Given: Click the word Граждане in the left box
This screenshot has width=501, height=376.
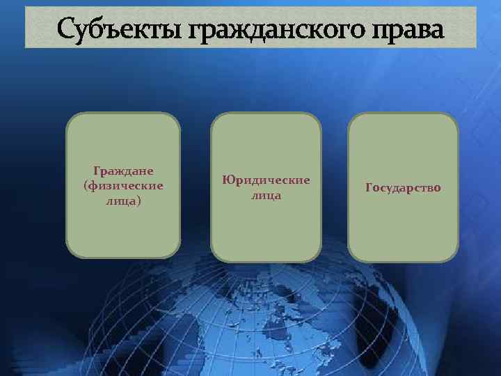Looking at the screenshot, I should pos(123,171).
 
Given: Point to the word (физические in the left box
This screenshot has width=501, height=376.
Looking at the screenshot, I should pos(123,186).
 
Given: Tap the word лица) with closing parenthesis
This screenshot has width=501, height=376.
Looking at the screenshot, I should pos(123,201).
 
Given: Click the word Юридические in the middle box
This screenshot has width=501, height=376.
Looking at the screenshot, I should pos(266,180).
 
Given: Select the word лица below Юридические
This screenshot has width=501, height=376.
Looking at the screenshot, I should pos(266,195).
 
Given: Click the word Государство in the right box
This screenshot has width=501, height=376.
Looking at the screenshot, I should pos(403,188).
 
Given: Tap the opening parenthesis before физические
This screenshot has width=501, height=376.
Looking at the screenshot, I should pos(85,186).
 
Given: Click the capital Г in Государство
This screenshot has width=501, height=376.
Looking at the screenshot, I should pos(369,188).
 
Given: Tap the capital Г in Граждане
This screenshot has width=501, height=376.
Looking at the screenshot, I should pos(96,171).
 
